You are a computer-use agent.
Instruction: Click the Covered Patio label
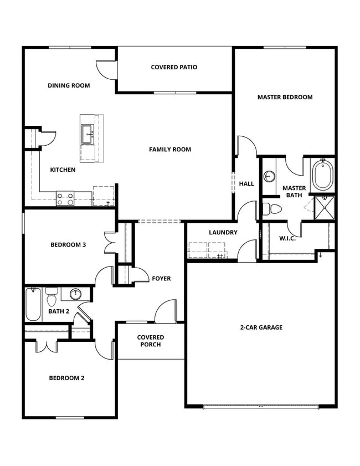click(174, 68)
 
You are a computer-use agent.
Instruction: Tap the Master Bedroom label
click(285, 97)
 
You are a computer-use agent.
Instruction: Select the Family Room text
click(169, 149)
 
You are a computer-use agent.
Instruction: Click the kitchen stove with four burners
click(65, 198)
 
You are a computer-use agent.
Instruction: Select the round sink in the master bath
click(269, 176)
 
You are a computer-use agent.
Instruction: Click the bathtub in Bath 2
click(33, 305)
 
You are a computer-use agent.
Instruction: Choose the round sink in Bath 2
click(76, 294)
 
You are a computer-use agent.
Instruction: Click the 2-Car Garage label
click(261, 327)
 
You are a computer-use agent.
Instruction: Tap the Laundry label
click(223, 233)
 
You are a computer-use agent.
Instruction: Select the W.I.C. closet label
click(287, 239)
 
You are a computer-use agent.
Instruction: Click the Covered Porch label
click(150, 341)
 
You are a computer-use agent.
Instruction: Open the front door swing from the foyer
click(165, 311)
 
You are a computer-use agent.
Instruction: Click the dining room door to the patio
click(105, 69)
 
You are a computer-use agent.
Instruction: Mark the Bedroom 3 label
click(68, 245)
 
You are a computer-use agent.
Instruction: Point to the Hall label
click(246, 183)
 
